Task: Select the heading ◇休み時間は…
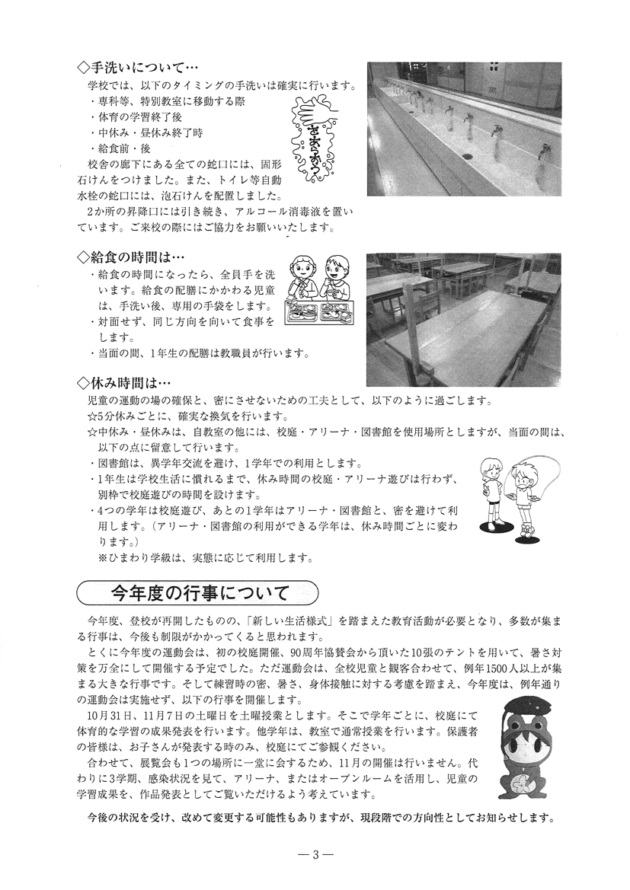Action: [x=126, y=384]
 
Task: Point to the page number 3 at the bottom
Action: [x=315, y=854]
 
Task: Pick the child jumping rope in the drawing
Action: [x=521, y=495]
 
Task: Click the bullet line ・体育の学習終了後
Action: [x=136, y=116]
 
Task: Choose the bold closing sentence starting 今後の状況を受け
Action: [x=321, y=819]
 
